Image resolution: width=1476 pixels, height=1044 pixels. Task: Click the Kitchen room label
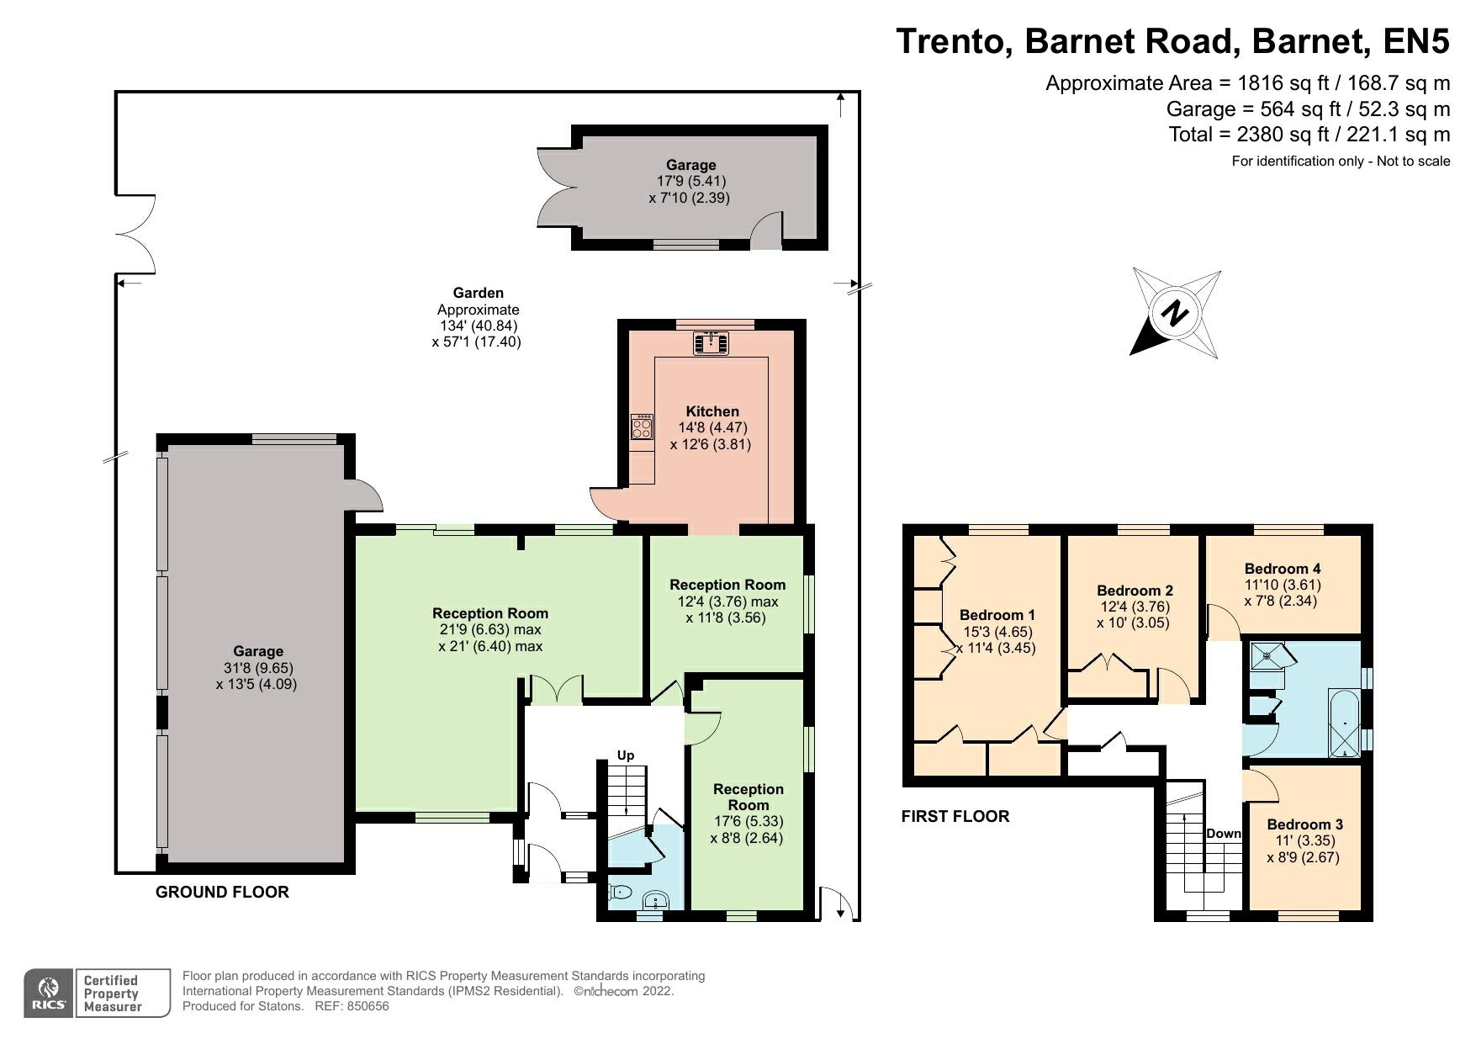(x=712, y=411)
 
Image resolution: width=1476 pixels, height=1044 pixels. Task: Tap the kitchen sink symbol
(x=712, y=342)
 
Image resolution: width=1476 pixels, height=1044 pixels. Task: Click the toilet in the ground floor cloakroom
(x=620, y=893)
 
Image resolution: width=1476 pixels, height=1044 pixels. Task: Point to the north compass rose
(x=1175, y=314)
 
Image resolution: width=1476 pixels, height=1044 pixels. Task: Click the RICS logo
(x=50, y=994)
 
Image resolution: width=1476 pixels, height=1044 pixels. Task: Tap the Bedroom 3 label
(x=1304, y=824)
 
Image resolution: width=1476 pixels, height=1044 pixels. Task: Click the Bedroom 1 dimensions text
(x=997, y=640)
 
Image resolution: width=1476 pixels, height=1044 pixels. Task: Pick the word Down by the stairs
(x=1223, y=834)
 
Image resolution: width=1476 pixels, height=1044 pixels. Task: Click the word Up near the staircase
(x=625, y=755)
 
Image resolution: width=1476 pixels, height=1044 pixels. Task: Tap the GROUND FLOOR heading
(x=222, y=893)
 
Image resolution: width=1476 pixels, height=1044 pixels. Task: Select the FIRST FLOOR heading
(x=955, y=816)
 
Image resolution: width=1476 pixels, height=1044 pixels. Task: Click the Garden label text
(x=478, y=293)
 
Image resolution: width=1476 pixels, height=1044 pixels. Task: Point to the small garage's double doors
(x=555, y=187)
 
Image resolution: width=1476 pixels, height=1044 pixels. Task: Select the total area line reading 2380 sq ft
(x=1309, y=134)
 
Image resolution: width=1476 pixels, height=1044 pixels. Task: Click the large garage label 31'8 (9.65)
(x=257, y=668)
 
